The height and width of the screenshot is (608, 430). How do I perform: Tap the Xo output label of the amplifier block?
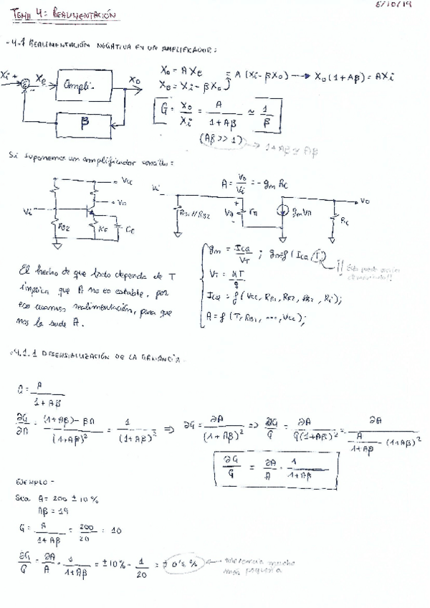point(135,80)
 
